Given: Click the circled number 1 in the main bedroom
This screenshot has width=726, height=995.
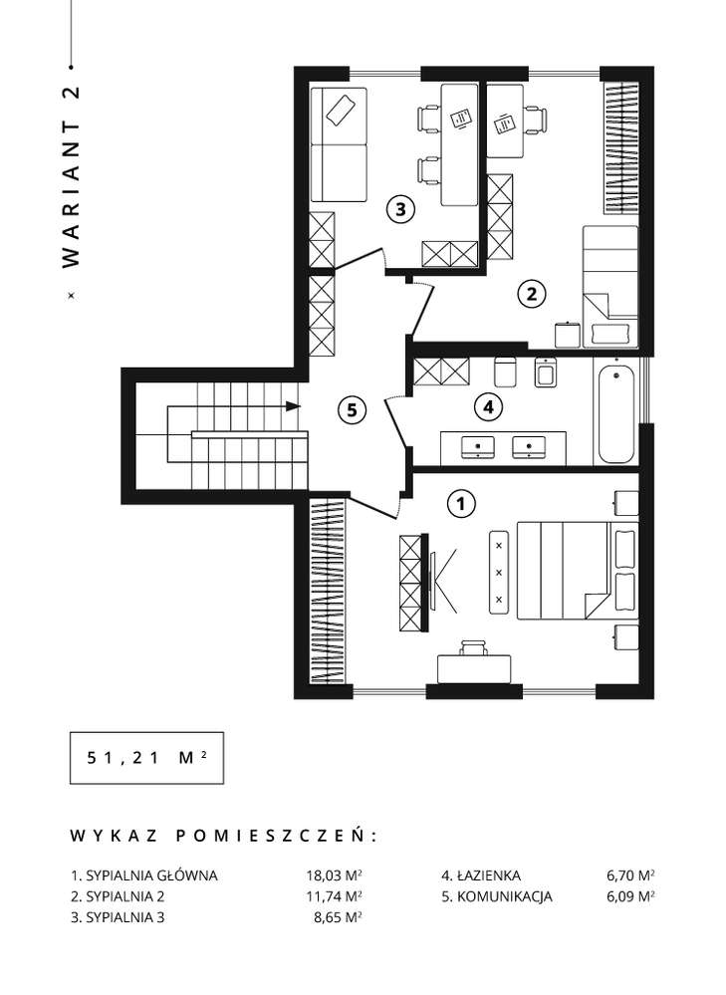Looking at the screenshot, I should click(x=459, y=504).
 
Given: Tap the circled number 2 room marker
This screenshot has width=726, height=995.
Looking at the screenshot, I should click(x=531, y=294).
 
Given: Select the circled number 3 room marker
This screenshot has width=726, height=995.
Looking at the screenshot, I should click(x=399, y=210).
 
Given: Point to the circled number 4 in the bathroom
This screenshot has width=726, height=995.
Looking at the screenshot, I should click(x=487, y=406).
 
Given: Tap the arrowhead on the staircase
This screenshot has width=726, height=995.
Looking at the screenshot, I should click(x=293, y=406).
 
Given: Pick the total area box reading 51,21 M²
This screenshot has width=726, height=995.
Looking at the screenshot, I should click(x=143, y=758).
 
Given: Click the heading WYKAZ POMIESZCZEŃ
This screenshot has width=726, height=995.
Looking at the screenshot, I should click(x=223, y=834).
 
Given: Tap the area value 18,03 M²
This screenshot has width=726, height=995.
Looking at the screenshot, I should click(x=333, y=876).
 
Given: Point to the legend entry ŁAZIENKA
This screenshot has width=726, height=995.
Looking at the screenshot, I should click(x=480, y=876).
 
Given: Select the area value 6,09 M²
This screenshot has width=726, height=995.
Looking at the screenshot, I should click(x=629, y=896).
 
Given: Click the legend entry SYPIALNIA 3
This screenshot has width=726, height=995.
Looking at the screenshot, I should click(x=118, y=917).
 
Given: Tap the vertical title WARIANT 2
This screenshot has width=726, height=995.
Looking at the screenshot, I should click(x=70, y=176).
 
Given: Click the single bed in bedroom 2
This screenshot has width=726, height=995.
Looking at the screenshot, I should click(x=608, y=284).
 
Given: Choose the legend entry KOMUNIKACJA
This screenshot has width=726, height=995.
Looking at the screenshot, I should click(x=496, y=896).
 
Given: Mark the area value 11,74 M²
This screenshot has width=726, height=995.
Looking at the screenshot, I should click(x=333, y=896).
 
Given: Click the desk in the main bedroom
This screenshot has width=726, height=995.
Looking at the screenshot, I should click(x=474, y=666).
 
